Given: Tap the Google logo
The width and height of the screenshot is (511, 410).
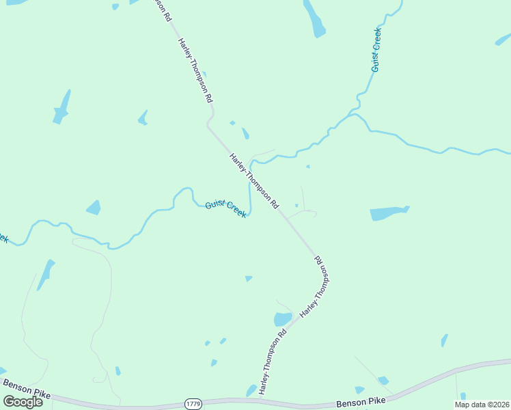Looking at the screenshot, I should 23,402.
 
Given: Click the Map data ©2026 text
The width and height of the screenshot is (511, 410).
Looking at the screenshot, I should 482,405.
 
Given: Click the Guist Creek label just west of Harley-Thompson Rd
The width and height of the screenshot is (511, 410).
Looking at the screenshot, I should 225,209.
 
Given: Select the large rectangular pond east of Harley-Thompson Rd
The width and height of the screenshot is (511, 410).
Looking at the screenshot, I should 389,213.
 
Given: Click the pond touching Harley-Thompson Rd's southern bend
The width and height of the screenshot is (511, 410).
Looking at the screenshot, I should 283,319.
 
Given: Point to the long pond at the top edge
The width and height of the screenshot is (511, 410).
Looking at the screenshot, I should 314,18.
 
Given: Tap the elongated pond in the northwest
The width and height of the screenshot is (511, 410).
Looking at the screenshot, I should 62,107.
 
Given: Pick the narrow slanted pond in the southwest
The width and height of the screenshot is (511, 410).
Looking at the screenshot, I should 46,275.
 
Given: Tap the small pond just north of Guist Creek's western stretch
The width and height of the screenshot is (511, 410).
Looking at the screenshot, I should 94,207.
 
